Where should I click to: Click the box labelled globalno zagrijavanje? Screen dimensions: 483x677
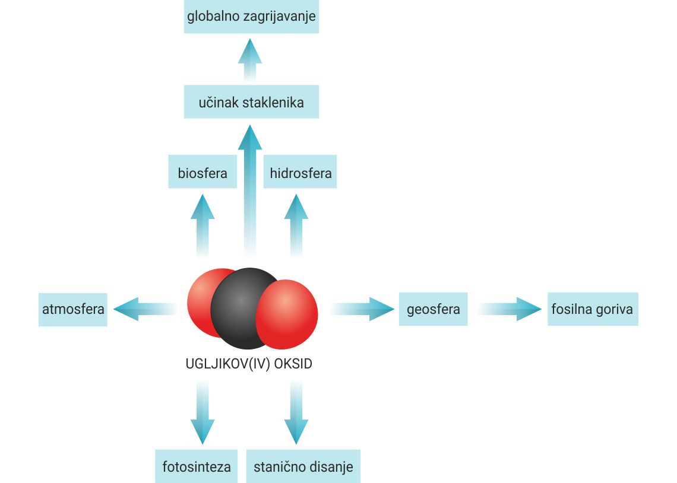pyautogui.click(x=251, y=17)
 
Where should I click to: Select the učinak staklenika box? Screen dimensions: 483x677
pyautogui.click(x=251, y=102)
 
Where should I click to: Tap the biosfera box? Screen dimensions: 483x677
pyautogui.click(x=203, y=173)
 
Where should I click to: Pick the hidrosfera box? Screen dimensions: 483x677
pyautogui.click(x=300, y=173)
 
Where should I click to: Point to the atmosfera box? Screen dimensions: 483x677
pyautogui.click(x=73, y=309)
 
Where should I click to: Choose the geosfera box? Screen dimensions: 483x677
pyautogui.click(x=433, y=309)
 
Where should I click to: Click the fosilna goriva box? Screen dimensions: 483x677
pyautogui.click(x=592, y=309)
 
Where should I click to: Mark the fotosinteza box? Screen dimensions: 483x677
pyautogui.click(x=197, y=466)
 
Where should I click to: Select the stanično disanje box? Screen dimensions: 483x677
pyautogui.click(x=303, y=466)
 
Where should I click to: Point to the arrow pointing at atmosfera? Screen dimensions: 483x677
pyautogui.click(x=143, y=309)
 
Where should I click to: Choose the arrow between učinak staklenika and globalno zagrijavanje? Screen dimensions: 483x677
pyautogui.click(x=250, y=60)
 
